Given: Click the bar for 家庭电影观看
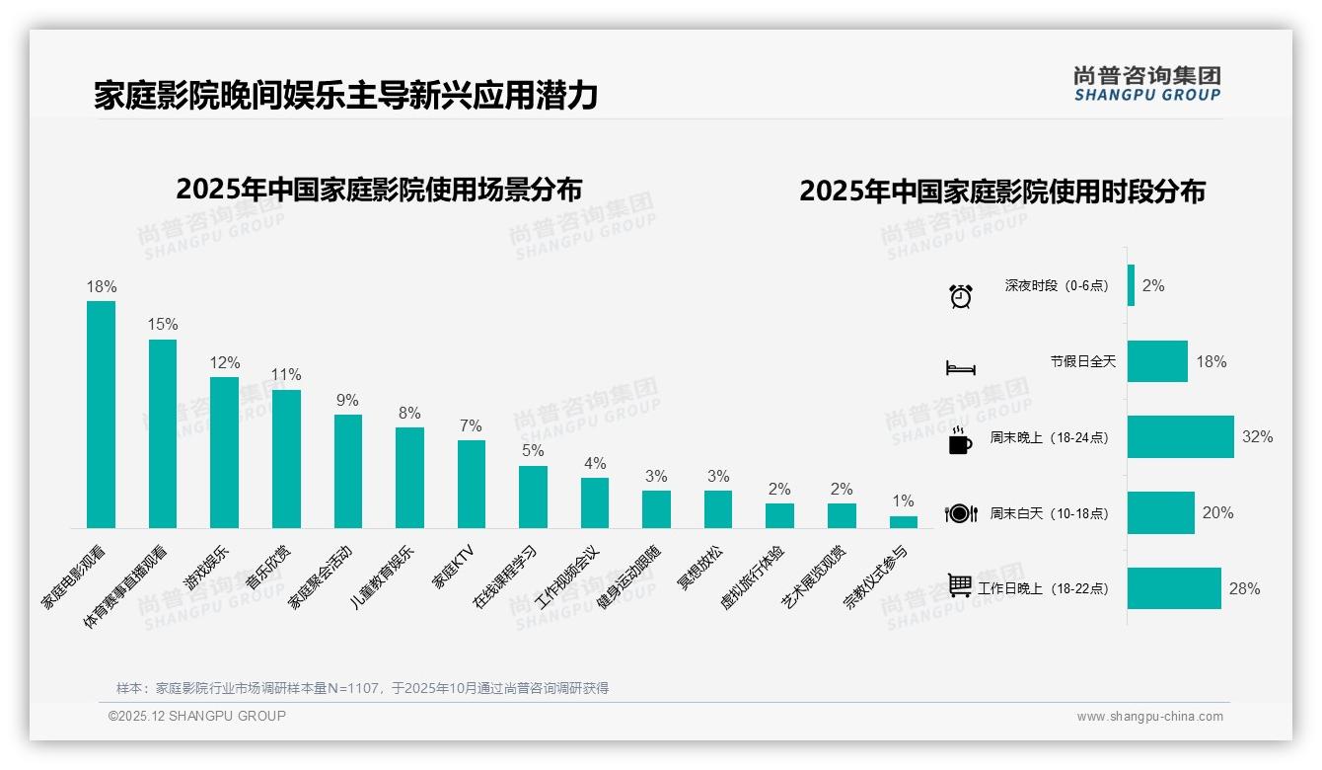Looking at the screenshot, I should point(101,415).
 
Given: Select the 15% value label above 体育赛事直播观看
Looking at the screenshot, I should point(163,324).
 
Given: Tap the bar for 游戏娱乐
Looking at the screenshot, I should point(224,452).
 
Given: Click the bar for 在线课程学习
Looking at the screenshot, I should point(533,497).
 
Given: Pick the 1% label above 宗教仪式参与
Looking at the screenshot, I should point(903,501).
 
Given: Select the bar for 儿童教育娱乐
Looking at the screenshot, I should point(409,477).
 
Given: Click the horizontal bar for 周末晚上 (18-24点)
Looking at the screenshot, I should point(1180,436).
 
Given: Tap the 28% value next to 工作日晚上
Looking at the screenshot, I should point(1244,588).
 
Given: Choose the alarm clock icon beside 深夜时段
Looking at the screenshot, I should point(961,295).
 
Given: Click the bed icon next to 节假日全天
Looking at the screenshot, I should point(961,367).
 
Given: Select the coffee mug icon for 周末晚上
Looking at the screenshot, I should point(960,440).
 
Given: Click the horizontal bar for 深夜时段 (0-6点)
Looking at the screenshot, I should point(1131,285).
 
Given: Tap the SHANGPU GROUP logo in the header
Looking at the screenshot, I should point(1146,83).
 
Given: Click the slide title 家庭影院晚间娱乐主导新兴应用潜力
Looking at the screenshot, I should point(345,96).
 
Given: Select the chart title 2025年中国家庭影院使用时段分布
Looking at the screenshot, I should point(1001,192).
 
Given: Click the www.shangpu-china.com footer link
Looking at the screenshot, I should point(1149,717).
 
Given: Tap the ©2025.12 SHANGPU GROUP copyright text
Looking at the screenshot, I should point(197,716).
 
